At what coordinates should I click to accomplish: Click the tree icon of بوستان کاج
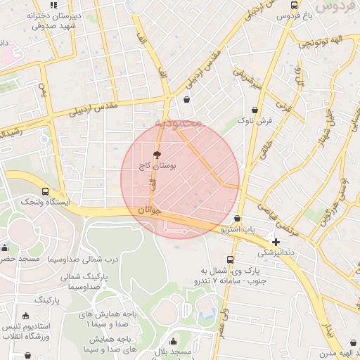coord(157,154)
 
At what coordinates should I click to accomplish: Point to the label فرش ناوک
coord(255,121)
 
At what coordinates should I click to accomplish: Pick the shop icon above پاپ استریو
coord(238,219)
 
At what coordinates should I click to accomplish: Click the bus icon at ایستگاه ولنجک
coord(46,191)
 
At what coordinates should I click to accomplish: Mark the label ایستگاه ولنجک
coord(46,202)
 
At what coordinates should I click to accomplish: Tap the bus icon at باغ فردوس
coord(294,4)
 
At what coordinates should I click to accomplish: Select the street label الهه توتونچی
coord(321,44)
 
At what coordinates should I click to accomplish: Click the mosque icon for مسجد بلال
coord(173,341)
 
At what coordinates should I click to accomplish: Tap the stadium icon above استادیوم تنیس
coord(27,315)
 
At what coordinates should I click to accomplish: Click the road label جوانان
coord(150,210)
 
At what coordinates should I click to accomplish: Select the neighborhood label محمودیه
coord(179,124)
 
